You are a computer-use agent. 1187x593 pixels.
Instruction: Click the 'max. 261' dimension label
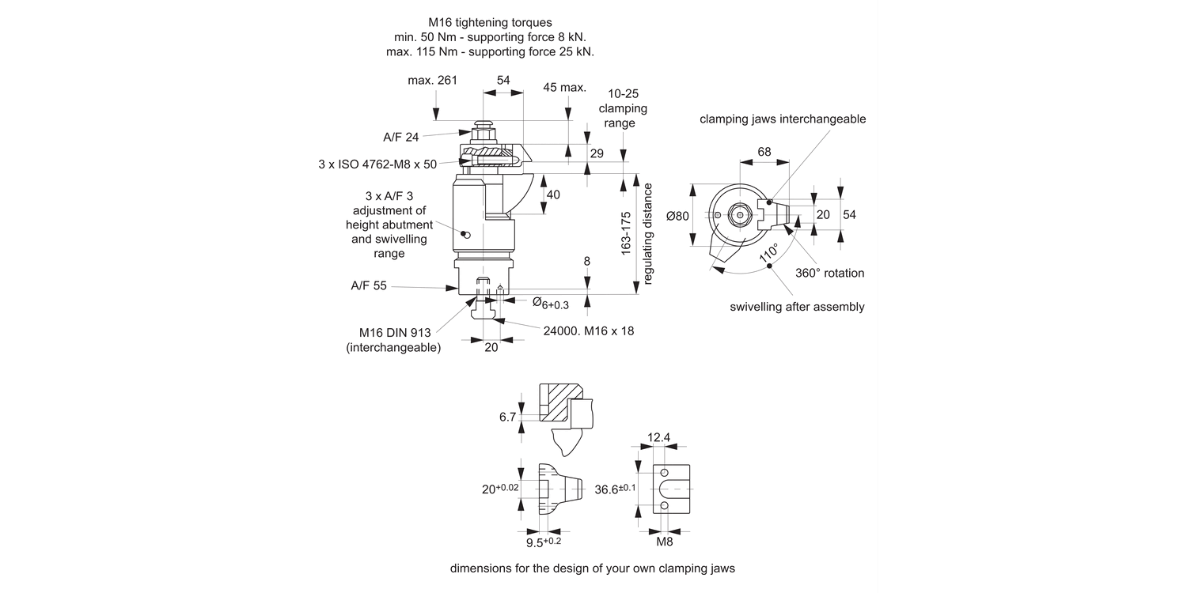click(433, 81)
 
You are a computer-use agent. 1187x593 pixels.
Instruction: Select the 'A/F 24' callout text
click(401, 137)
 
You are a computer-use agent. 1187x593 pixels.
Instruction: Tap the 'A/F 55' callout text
click(369, 286)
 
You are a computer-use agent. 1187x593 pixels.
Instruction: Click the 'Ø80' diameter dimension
click(677, 216)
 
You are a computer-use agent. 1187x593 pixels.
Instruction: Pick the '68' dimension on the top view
click(764, 151)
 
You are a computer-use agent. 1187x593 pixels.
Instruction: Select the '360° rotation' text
click(829, 273)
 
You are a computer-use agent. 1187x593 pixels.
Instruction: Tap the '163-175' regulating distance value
click(626, 233)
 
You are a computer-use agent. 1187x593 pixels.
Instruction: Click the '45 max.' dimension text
click(564, 87)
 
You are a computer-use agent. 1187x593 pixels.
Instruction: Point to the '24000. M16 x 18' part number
click(589, 330)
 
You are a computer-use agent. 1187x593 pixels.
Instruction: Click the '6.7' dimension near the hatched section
click(508, 417)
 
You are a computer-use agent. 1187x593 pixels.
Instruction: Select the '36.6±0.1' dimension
click(615, 489)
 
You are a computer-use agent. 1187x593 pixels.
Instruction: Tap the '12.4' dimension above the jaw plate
click(658, 437)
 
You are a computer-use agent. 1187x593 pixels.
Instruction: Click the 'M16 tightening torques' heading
click(495, 23)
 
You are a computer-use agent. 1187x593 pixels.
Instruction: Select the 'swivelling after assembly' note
click(797, 307)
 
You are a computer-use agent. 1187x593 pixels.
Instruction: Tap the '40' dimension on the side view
click(553, 195)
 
